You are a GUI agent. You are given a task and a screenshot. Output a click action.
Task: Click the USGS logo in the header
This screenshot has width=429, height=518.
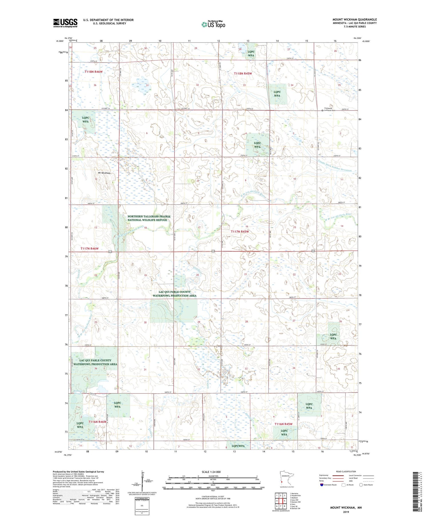pyautogui.click(x=65, y=23)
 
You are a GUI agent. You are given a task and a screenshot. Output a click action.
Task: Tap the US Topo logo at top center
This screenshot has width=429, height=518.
pyautogui.click(x=213, y=24)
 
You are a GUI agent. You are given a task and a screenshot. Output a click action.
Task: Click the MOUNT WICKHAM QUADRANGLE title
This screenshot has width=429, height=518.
pyautogui.click(x=354, y=19)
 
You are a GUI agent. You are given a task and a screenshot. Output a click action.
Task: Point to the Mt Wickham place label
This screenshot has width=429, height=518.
pyautogui.click(x=104, y=173)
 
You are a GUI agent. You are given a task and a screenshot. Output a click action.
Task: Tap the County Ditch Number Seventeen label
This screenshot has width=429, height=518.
pyautogui.click(x=334, y=165)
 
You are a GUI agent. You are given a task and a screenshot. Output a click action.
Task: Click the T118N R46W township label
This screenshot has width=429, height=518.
pyautogui.click(x=93, y=72)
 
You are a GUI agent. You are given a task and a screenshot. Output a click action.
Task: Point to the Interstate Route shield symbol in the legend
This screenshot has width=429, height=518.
pyautogui.click(x=322, y=485)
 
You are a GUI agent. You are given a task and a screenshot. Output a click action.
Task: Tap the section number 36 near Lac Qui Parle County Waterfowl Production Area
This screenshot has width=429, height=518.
pyautogui.click(x=96, y=369)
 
